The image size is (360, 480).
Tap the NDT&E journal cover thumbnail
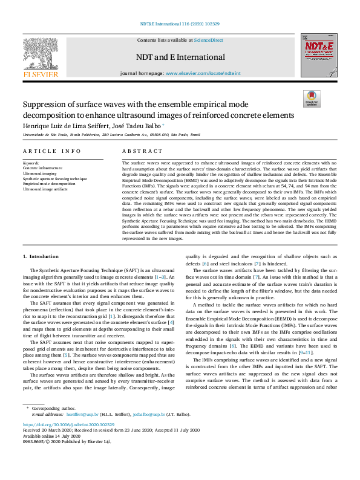coord(316,55)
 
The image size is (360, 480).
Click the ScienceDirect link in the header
coord(208,39)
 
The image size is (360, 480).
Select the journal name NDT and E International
coord(180,57)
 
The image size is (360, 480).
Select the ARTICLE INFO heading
coord(51,151)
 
